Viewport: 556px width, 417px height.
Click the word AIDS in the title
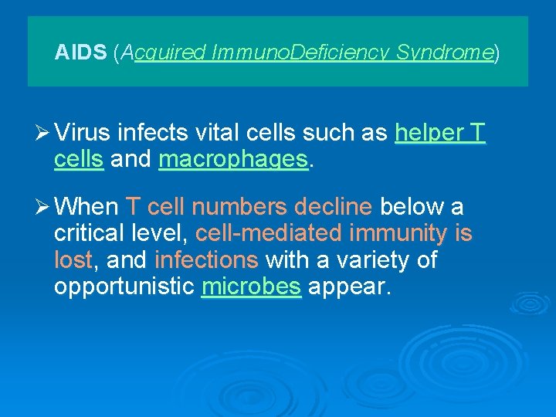pyautogui.click(x=81, y=53)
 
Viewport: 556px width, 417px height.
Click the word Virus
pyautogui.click(x=83, y=134)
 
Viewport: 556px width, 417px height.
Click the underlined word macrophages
pyautogui.click(x=232, y=160)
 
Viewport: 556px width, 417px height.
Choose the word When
pyautogui.click(x=87, y=207)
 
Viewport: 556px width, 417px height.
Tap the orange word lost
pyautogui.click(x=73, y=260)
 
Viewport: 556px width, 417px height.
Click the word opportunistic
pyautogui.click(x=124, y=287)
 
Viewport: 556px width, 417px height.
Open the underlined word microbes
pyautogui.click(x=250, y=287)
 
